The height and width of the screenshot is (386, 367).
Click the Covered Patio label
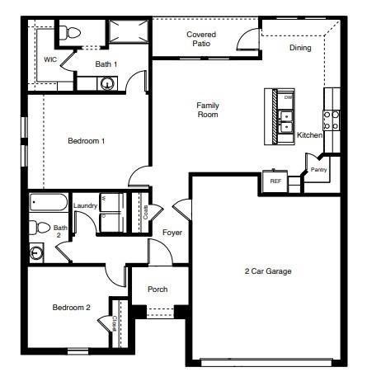[201, 39]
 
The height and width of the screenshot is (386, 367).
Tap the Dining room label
[301, 48]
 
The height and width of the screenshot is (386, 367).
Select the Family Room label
[207, 110]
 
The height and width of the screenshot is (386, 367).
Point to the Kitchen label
[309, 135]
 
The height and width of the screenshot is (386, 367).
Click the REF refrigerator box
[275, 181]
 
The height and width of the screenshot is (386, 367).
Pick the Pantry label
[318, 171]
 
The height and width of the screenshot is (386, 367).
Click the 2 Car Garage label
[268, 271]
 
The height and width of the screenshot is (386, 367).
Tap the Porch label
[158, 289]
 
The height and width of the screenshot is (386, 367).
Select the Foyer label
[172, 233]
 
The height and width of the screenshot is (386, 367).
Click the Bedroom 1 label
[86, 141]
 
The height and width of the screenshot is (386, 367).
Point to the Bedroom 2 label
[71, 308]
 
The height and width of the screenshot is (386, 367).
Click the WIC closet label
[50, 60]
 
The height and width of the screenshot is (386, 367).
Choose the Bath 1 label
[106, 64]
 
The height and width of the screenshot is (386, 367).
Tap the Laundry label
[86, 206]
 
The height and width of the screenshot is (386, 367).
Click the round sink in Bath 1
[106, 82]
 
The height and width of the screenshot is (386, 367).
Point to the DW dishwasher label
[288, 98]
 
